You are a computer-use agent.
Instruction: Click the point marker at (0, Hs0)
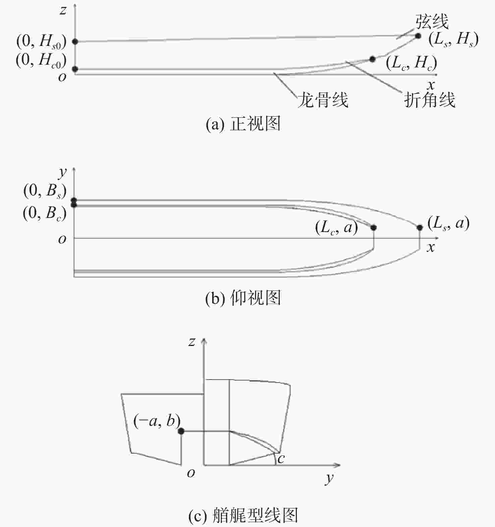pyautogui.click(x=75, y=42)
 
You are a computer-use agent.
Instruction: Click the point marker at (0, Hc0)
pyautogui.click(x=75, y=69)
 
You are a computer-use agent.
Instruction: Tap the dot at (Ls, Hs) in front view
pyautogui.click(x=418, y=36)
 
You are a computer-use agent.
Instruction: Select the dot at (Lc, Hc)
pyautogui.click(x=372, y=59)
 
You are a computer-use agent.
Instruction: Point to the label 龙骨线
pyautogui.click(x=323, y=100)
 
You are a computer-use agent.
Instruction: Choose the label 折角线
pyautogui.click(x=430, y=100)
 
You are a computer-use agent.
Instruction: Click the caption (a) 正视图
pyautogui.click(x=243, y=124)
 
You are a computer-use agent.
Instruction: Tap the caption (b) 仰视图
pyautogui.click(x=243, y=298)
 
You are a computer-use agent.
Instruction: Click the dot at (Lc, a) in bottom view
pyautogui.click(x=374, y=228)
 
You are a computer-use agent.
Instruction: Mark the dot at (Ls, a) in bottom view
pyautogui.click(x=420, y=228)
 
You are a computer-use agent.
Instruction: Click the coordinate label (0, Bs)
pyautogui.click(x=45, y=191)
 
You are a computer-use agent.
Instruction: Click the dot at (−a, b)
pyautogui.click(x=181, y=431)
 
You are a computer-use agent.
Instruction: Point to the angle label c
pyautogui.click(x=281, y=458)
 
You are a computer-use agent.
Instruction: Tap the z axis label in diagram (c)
pyautogui.click(x=191, y=342)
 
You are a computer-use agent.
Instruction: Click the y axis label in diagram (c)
pyautogui.click(x=330, y=478)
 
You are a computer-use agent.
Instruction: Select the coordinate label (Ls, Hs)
pyautogui.click(x=453, y=40)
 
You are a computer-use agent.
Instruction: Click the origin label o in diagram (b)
pyautogui.click(x=62, y=239)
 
